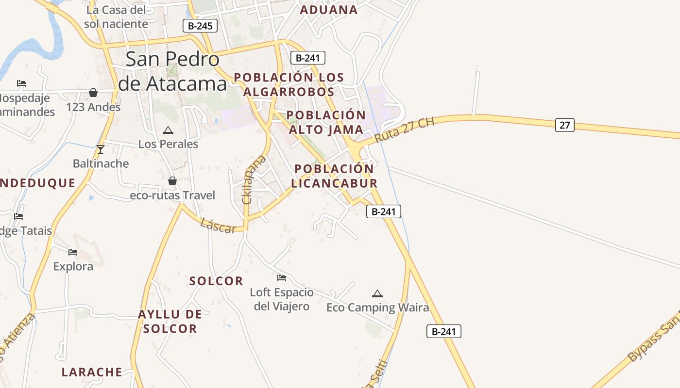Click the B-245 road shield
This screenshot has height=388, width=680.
pos(200,26)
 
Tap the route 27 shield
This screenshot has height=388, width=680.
pos(564,125)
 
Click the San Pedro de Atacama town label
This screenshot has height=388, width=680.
pos(172,71)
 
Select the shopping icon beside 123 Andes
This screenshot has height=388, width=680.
pos(93,93)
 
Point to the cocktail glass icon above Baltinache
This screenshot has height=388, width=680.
pos(101,149)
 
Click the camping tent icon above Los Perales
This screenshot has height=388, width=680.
pos(168,130)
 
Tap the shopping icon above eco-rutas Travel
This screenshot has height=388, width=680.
pos(172,181)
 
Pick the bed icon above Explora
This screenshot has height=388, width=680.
pos(73,252)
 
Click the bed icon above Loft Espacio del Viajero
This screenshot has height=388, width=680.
pos(282,278)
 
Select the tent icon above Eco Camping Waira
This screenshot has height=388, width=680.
pos(377,293)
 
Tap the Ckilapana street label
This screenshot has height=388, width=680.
pos(254,179)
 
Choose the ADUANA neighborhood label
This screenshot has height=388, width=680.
pos(329,10)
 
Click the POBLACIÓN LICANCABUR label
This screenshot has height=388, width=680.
pos(335,176)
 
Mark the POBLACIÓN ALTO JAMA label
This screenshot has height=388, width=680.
pos(325,122)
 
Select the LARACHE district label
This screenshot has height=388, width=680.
pos(92,372)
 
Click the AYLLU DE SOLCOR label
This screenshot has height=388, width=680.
pos(170,321)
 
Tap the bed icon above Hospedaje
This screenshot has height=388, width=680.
pos(21,83)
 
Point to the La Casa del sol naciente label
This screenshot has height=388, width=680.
pos(116,16)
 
